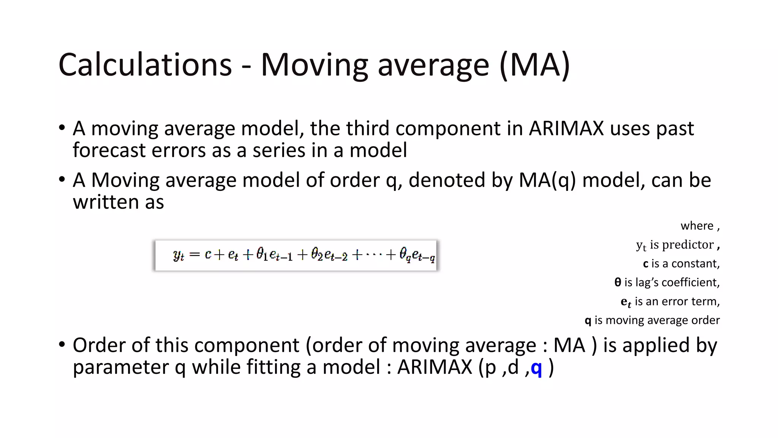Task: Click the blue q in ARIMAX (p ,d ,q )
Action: [x=536, y=367]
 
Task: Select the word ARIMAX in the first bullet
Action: [x=566, y=129]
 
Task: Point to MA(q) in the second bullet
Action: [x=547, y=180]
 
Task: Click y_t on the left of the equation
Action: [x=179, y=255]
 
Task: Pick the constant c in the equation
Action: [x=208, y=254]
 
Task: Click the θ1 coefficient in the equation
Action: [x=261, y=254]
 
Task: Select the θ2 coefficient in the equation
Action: [x=316, y=254]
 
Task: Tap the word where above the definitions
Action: [x=697, y=226]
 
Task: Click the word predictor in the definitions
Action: [x=688, y=244]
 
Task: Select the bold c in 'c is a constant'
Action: [x=645, y=263]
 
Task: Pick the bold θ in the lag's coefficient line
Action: [x=618, y=282]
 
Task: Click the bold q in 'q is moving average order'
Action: [x=588, y=321]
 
